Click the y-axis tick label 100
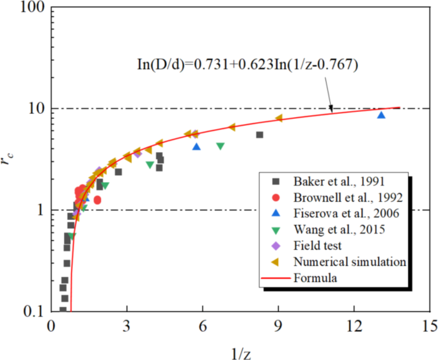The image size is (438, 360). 29,8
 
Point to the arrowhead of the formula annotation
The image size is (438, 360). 331,111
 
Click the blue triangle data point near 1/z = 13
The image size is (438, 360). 381,115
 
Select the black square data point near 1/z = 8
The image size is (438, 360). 260,135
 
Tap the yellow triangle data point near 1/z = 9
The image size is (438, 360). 279,118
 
